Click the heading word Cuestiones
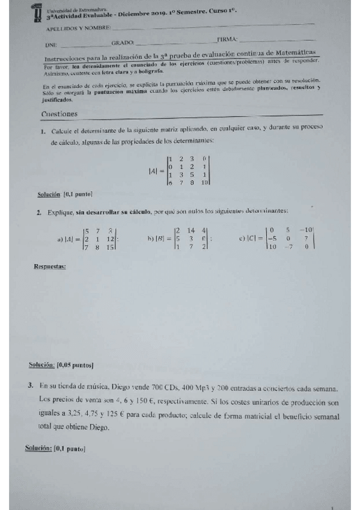59,114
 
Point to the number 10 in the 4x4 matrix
204,182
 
